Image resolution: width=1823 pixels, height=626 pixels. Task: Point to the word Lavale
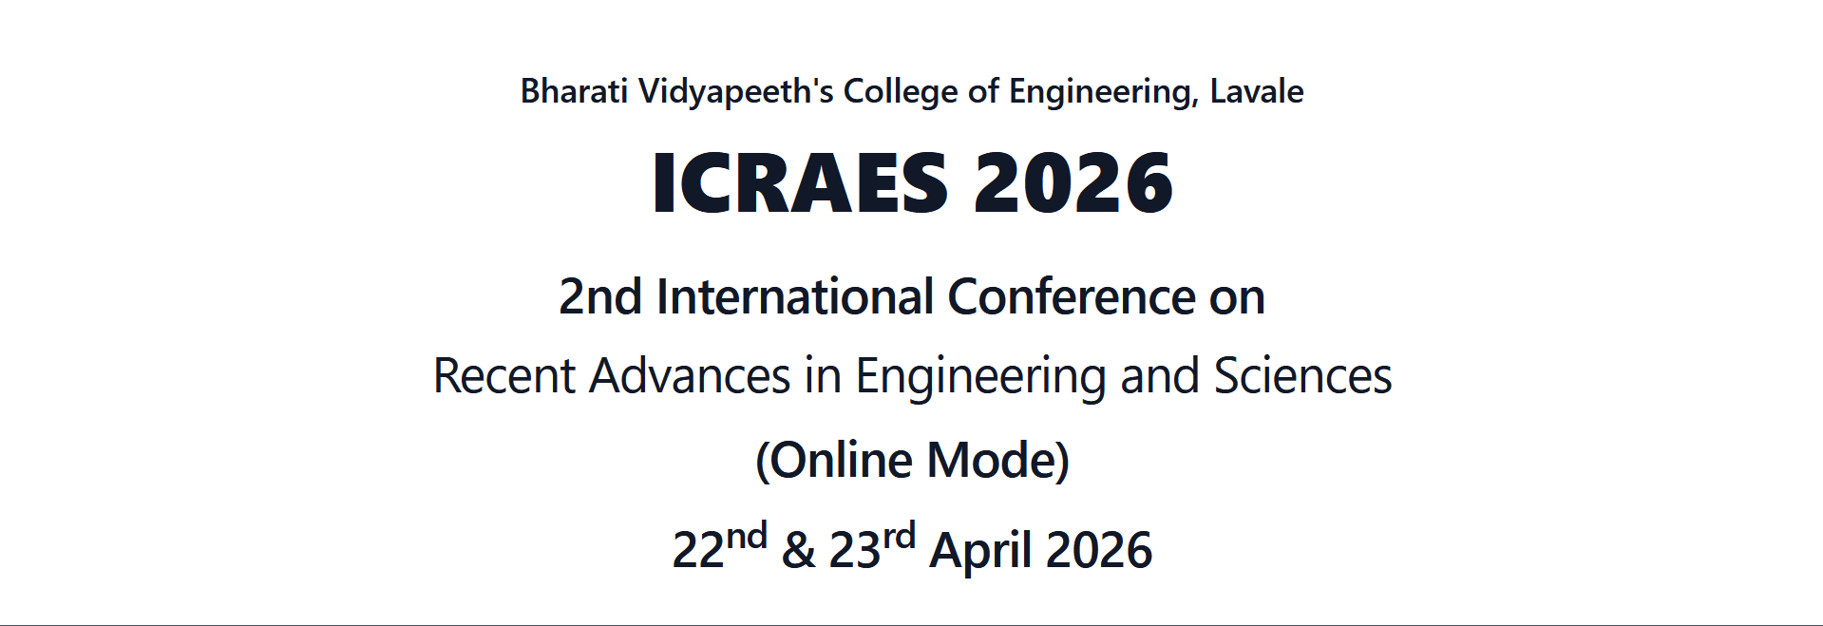pos(1256,91)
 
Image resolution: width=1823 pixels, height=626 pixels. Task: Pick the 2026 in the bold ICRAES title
pos(1073,182)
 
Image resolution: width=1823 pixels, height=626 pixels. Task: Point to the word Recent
pos(504,376)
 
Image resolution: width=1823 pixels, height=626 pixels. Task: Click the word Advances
pos(690,376)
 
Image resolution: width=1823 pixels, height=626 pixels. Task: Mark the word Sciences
pos(1302,376)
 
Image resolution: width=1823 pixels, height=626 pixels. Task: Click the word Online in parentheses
pos(840,461)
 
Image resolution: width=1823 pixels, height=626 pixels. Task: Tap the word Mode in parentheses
pos(992,461)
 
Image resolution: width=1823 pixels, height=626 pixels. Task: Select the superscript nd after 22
pos(747,537)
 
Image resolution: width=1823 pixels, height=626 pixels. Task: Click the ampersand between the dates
pos(798,551)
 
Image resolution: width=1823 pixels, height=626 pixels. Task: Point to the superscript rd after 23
pos(899,537)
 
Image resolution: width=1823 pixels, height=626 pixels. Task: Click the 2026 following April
pos(1099,551)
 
